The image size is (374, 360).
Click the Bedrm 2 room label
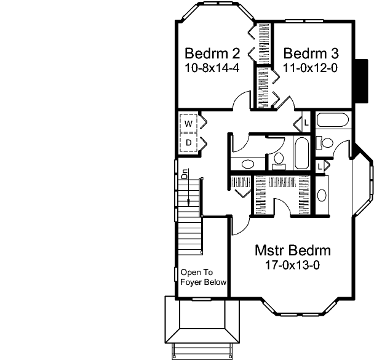pos(212,52)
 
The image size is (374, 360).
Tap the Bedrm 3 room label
pos(310,52)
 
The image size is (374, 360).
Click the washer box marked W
pos(188,123)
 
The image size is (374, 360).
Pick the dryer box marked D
pos(188,143)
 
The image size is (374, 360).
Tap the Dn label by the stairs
pos(183,174)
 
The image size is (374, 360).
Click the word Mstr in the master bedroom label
pos(269,250)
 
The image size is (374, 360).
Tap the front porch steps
pos(201,351)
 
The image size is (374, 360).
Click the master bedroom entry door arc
pos(242,226)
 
